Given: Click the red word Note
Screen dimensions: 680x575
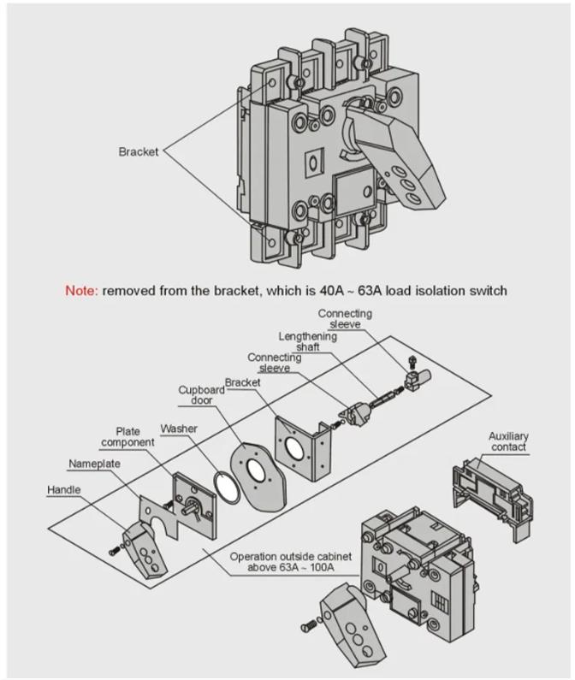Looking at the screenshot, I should coord(81,291).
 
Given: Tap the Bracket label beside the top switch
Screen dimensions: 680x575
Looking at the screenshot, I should coord(138,152).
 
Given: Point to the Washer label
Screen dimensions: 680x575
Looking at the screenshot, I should coord(178,428).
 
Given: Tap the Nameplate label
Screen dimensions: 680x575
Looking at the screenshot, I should coord(94,464).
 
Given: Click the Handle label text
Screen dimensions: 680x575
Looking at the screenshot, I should coord(65,491).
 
